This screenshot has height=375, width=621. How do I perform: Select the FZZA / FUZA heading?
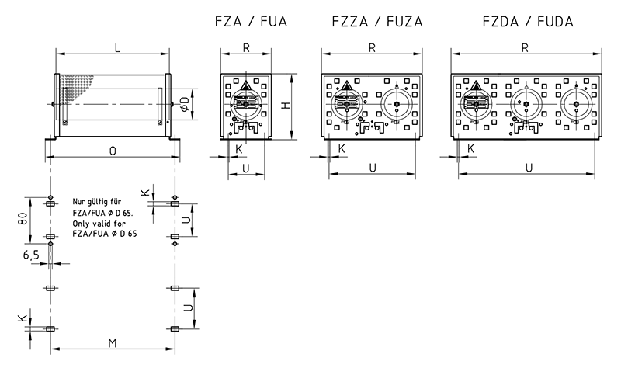coord(370,22)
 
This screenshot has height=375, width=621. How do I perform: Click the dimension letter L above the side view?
coord(116,48)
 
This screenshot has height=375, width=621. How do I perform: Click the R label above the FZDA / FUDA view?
coord(526,48)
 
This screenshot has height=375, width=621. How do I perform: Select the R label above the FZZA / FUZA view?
coord(373,48)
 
